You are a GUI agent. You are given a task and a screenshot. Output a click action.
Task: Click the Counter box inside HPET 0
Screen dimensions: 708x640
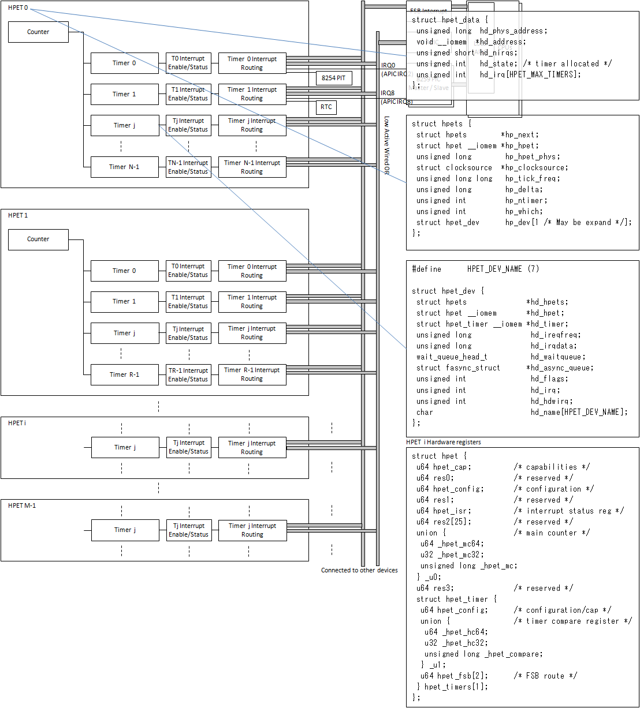coord(38,32)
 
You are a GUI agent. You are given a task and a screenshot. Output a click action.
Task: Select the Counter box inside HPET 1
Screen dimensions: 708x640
coord(38,239)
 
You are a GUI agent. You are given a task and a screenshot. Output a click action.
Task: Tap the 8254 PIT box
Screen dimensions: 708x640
coord(334,78)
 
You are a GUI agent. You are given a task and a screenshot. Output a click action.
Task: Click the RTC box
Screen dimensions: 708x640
coord(326,107)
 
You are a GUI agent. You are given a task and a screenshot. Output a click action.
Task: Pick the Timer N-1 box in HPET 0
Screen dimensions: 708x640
coord(124,167)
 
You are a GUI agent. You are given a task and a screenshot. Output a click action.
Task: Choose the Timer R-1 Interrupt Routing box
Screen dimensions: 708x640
coord(252,374)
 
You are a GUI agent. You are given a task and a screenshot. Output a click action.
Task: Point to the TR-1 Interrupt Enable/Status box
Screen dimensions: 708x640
coord(188,374)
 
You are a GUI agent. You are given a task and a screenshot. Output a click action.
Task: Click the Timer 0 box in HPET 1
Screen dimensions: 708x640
coord(124,271)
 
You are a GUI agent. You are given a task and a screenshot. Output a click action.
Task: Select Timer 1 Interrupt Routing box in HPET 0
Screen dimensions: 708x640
coord(252,94)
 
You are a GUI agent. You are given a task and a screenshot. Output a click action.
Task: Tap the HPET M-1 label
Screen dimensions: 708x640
coord(22,505)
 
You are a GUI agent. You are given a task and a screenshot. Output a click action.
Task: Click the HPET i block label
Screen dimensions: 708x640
coord(17,423)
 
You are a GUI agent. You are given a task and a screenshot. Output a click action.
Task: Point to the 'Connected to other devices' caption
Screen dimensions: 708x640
coord(359,570)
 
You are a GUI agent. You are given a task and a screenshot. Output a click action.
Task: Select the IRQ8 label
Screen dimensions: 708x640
coord(388,93)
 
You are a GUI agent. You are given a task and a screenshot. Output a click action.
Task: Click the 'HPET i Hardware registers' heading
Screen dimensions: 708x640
coord(443,442)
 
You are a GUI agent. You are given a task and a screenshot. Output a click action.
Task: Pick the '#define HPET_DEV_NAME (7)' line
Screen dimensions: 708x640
coord(475,269)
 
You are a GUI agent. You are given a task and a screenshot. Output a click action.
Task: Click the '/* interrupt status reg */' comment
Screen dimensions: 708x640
coord(568,511)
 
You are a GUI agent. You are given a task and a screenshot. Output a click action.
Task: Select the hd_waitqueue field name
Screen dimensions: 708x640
coord(558,357)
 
